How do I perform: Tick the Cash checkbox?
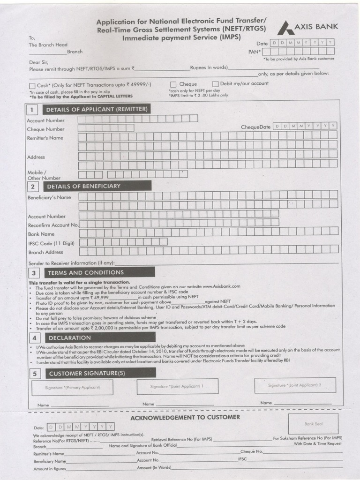(32, 86)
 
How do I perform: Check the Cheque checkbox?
(173, 84)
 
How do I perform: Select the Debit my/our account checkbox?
(215, 84)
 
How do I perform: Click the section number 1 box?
(32, 110)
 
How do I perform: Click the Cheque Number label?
(46, 129)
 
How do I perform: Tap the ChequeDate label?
(255, 127)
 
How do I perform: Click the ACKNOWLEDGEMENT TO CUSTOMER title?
(185, 417)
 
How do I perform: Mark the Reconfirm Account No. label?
(52, 225)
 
